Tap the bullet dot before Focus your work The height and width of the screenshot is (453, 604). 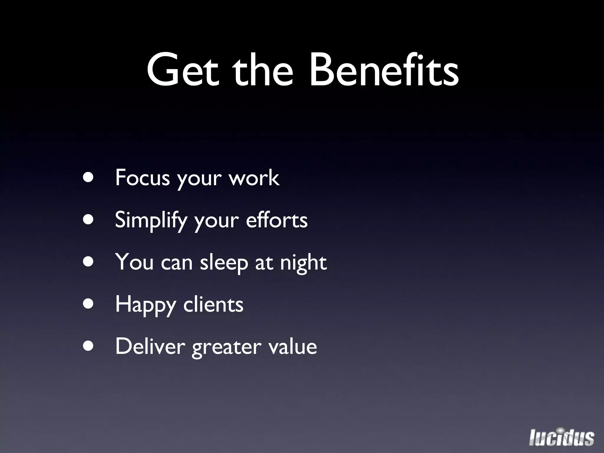coord(88,178)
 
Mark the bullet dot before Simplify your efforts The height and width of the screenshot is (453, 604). coord(88,219)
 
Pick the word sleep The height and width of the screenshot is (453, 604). coord(224,263)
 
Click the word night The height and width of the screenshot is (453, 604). coord(303,263)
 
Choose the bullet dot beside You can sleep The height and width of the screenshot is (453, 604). coord(88,262)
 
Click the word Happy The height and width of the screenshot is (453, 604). coord(145,305)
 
